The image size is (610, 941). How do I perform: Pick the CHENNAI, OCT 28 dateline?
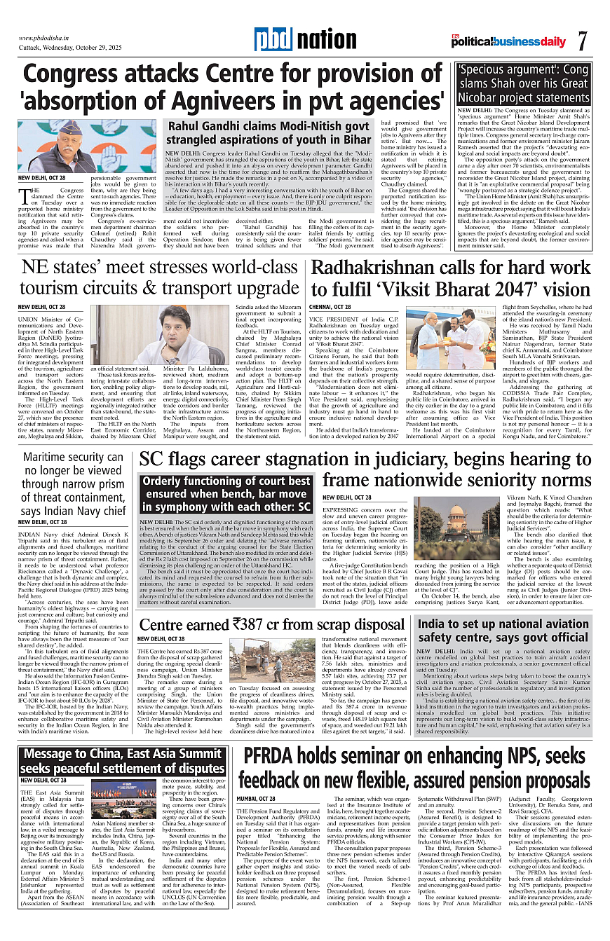pos(330,307)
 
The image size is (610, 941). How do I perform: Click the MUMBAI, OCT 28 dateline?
pos(256,799)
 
